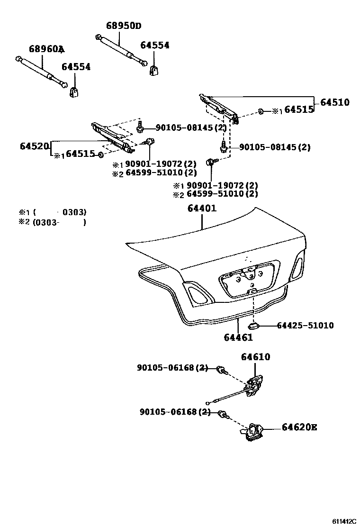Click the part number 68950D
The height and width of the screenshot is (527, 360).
click(123, 26)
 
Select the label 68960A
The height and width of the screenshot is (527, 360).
click(46, 49)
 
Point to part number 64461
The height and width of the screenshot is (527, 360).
click(238, 337)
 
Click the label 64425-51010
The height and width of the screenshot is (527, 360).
click(305, 326)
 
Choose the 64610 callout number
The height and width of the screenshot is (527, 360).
click(255, 357)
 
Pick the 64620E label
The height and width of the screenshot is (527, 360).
click(299, 427)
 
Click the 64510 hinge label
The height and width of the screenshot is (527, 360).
click(334, 102)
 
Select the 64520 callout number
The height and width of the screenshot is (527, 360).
click(35, 146)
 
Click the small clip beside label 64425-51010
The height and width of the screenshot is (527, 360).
click(252, 326)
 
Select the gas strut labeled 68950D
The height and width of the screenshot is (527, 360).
click(121, 50)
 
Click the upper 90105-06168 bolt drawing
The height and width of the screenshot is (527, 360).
click(220, 369)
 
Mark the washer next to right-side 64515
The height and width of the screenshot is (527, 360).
click(261, 112)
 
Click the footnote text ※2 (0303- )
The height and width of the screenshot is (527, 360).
click(52, 222)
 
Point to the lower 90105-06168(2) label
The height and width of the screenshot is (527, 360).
click(175, 412)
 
